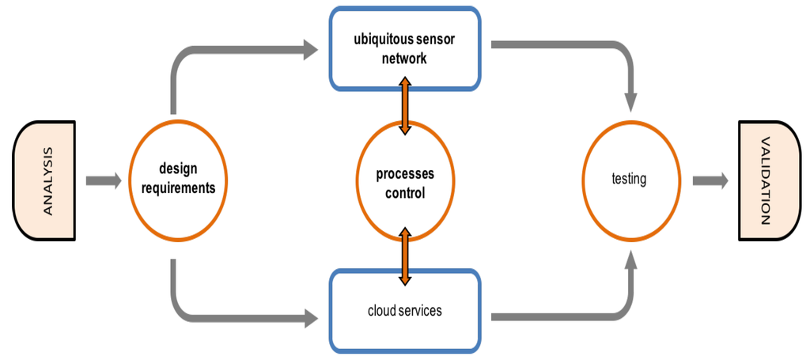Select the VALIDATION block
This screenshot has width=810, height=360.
(765, 180)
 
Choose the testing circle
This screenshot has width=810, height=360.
(630, 180)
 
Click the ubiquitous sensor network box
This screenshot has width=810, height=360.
(405, 48)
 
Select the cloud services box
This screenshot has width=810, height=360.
(405, 311)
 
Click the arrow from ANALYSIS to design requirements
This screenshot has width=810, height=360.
(104, 181)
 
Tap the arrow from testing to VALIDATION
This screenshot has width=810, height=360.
(710, 180)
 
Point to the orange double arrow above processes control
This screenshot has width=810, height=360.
(405, 105)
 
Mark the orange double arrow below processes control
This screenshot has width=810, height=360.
(405, 256)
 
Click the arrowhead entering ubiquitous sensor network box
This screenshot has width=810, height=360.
(309, 51)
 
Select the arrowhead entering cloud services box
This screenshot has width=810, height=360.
(309, 319)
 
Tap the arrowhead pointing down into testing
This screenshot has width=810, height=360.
(630, 102)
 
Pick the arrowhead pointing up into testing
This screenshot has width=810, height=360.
(630, 260)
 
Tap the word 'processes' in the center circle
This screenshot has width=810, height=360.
(405, 174)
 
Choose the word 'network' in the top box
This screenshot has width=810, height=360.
(405, 58)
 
